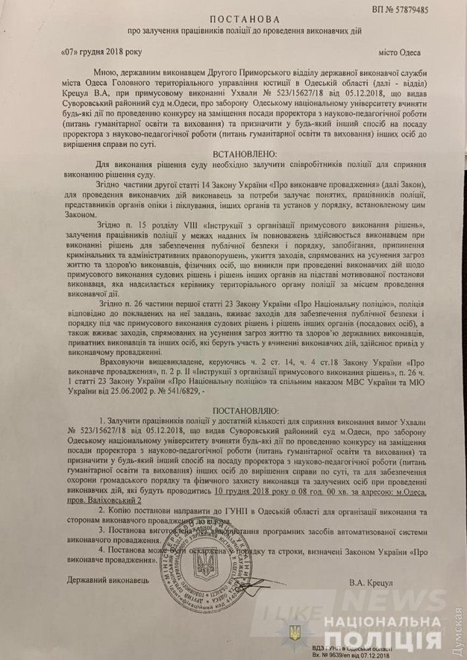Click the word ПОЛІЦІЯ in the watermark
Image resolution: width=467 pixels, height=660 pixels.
click(387, 640)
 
